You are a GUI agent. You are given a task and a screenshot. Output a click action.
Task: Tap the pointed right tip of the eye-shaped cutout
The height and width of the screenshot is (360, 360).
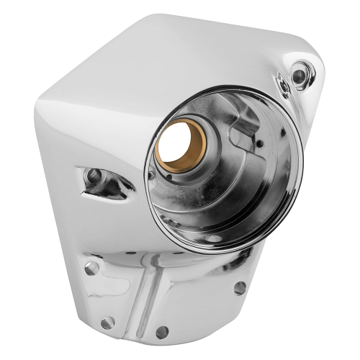click(x=134, y=190)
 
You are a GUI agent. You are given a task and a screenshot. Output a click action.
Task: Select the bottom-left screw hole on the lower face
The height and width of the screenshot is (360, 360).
click(x=109, y=323)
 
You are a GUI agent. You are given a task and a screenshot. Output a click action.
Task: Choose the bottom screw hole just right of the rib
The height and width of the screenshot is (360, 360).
click(x=163, y=332)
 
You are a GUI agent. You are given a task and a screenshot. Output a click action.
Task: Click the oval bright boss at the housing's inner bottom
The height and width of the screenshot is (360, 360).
click(x=213, y=238)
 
